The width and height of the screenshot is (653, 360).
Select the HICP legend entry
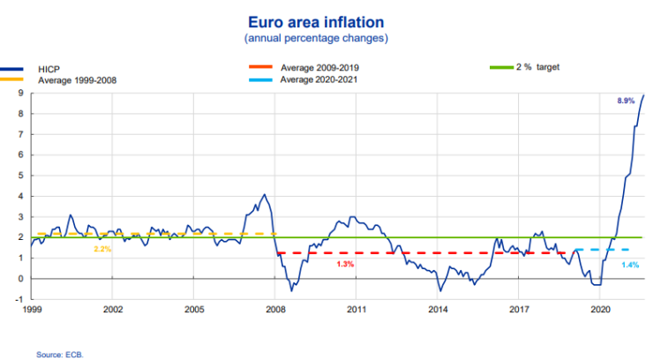49,68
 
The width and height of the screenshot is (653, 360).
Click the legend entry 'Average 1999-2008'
76,80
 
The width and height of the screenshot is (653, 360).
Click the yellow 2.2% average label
103,250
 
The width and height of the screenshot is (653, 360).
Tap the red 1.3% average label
345,264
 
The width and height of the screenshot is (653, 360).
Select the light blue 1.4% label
630,265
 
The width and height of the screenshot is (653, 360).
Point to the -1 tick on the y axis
18,299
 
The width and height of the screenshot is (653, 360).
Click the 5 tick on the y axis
19,176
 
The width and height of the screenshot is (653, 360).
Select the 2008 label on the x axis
275,311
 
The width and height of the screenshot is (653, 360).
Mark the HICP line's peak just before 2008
264,194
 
